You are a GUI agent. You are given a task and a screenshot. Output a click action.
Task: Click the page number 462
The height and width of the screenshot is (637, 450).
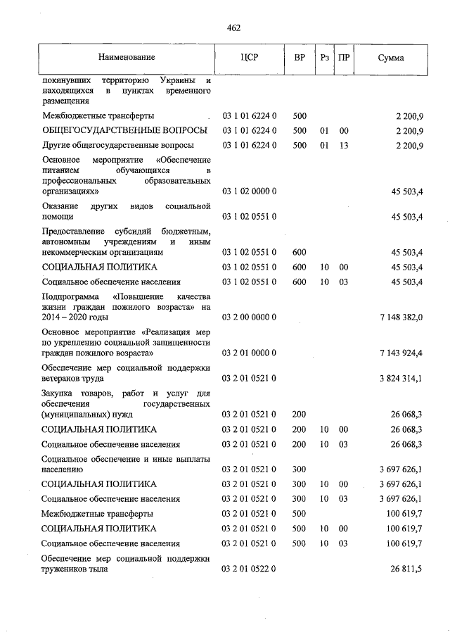[x=233, y=27]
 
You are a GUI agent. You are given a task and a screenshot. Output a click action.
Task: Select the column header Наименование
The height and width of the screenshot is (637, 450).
[x=127, y=57]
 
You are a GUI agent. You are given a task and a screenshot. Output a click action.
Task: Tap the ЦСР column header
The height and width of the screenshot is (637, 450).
[x=250, y=57]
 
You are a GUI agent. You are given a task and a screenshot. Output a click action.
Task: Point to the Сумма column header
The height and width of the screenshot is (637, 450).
[x=390, y=57]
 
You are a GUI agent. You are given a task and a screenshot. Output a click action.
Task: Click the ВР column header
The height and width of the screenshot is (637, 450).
[x=299, y=57]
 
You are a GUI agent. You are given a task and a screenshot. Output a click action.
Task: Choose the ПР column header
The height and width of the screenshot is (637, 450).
[x=344, y=57]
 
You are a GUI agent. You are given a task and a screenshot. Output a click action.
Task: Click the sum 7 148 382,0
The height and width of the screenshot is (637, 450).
[x=401, y=318]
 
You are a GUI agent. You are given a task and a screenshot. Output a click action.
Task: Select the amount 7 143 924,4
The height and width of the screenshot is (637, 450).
[x=401, y=352]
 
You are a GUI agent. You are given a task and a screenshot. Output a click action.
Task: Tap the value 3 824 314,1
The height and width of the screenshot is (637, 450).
[x=401, y=379]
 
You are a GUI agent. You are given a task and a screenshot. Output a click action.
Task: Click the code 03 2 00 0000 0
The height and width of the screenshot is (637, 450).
[x=250, y=318]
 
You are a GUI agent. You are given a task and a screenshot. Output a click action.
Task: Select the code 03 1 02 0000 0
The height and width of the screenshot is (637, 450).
[x=250, y=191]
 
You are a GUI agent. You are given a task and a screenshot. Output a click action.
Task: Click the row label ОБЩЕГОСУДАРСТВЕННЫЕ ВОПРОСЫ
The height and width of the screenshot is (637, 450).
[x=124, y=131]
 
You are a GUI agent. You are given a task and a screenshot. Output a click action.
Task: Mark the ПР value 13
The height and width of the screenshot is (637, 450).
[x=344, y=146]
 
